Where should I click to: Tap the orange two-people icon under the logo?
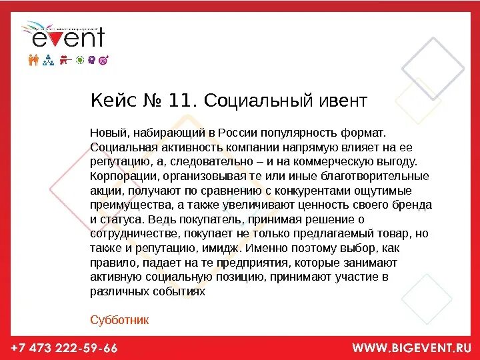click(35, 60)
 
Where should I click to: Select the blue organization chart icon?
click(48, 60)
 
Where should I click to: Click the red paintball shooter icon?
click(65, 60)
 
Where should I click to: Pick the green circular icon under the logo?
click(80, 60)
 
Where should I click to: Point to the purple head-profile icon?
click(91, 60)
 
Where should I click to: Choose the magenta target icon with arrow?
click(103, 60)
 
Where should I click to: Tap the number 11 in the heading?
click(179, 101)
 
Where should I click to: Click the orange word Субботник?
click(119, 320)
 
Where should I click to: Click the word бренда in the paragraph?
click(413, 205)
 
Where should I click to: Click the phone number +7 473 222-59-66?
click(64, 348)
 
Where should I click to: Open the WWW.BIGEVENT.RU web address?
click(411, 348)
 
